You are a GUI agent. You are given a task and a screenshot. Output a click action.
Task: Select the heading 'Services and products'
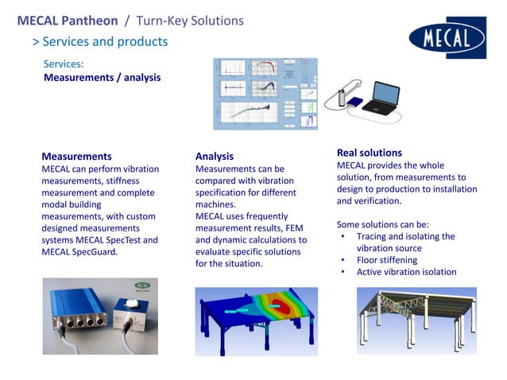(105, 41)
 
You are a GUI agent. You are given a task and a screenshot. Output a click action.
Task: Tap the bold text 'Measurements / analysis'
(102, 77)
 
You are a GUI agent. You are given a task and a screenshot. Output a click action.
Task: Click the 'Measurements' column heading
(76, 156)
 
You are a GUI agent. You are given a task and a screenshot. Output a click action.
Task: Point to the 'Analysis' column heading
(215, 157)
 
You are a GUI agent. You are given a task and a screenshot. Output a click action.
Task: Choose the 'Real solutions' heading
(370, 152)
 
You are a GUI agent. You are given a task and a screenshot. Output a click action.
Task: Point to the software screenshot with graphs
(265, 94)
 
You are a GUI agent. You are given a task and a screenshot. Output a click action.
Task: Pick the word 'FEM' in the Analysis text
(281, 227)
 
